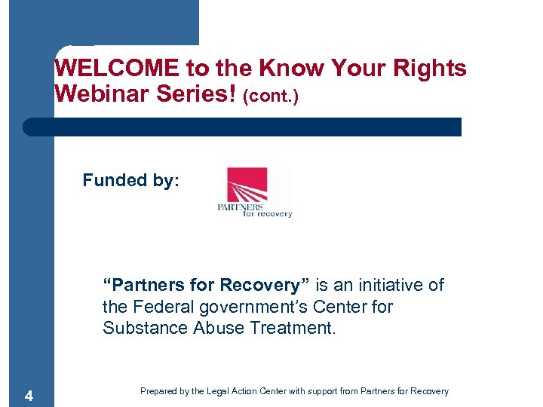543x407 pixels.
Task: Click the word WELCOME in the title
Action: (117, 69)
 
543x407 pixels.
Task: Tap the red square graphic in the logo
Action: (247, 185)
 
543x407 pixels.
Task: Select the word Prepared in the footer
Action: (158, 391)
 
